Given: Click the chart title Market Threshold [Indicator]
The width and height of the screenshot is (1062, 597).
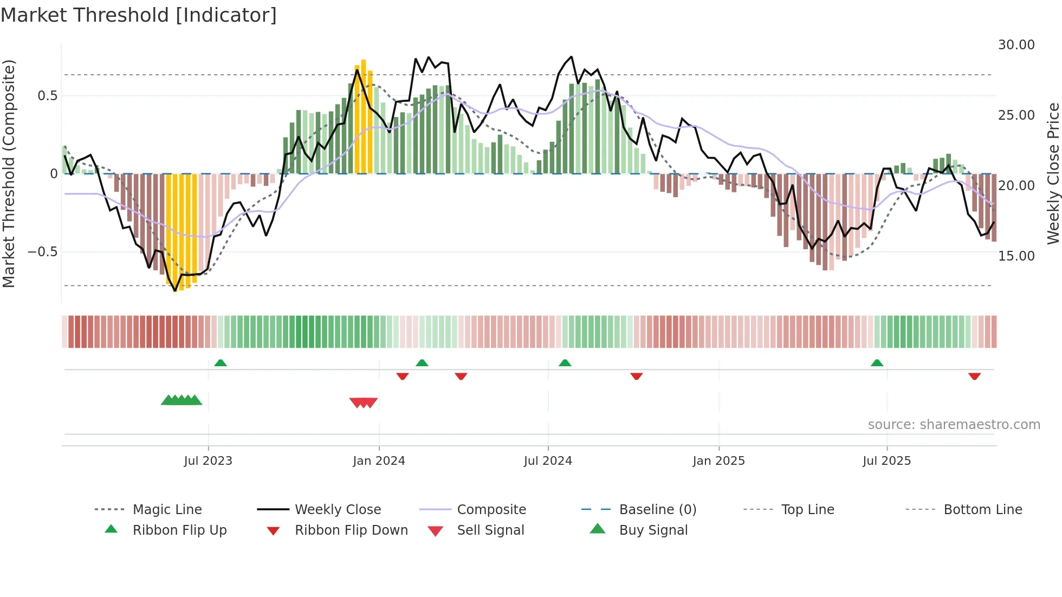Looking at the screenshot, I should point(139,15).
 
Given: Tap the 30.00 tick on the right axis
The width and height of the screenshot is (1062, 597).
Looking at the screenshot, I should point(1016,45).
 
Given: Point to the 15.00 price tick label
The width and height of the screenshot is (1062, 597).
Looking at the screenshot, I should point(1016,256).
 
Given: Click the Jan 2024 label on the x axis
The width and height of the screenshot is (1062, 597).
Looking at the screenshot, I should point(379,461).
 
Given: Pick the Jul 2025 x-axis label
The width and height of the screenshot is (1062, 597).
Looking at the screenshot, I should point(886,461).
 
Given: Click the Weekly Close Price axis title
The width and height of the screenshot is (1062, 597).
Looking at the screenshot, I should point(1053,173).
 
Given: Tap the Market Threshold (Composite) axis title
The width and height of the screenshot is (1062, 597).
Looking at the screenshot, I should point(9,173).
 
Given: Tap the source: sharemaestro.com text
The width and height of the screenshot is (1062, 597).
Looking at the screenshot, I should point(954,425).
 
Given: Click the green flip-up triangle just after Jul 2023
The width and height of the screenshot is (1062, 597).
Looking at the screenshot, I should point(221,363).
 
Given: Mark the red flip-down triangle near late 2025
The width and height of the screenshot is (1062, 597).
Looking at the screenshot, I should point(974,376).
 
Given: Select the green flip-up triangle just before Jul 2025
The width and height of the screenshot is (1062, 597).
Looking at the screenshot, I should point(877,363).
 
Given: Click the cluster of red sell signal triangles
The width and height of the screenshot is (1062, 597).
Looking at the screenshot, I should point(364,403).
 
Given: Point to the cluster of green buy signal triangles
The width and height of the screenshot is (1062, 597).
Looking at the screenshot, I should point(182,400).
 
